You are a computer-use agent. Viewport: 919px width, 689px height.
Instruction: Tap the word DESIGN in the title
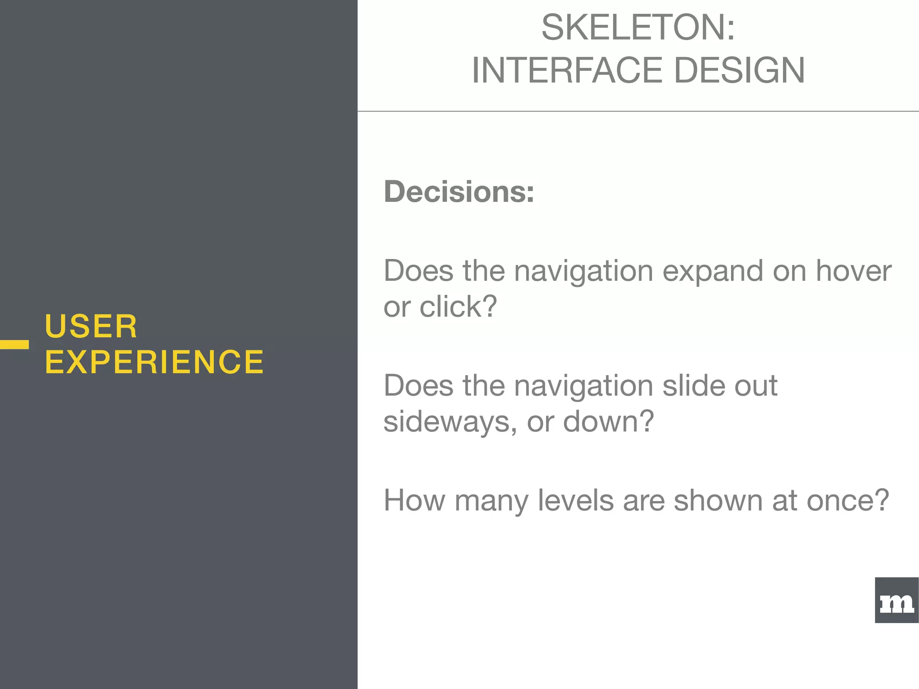point(740,71)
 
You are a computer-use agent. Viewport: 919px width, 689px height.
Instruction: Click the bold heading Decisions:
point(459,192)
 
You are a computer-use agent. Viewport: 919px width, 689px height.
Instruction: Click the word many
point(491,501)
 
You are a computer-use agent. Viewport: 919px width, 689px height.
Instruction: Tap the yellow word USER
point(91,327)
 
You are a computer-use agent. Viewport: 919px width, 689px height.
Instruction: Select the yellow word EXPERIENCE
point(154,362)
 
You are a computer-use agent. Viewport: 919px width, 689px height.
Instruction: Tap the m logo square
point(897,600)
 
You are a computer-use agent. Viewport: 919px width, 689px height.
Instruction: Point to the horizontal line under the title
point(637,111)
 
